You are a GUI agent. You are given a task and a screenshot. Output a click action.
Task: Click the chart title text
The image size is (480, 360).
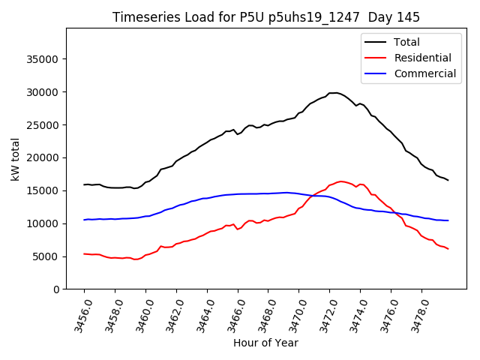pos(266,16)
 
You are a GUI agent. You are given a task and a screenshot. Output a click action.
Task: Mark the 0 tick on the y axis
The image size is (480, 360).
pos(56,289)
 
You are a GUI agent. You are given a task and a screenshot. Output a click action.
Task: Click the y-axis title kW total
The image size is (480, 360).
pos(15,159)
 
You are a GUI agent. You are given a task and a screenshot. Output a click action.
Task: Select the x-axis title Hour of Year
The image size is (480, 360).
pos(265,343)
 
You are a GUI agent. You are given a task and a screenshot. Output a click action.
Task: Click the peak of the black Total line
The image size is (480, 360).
pos(334,92)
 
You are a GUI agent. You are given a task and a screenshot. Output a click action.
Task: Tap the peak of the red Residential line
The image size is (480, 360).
pos(341,181)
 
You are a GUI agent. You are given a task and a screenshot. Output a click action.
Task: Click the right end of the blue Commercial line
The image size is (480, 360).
pos(448,220)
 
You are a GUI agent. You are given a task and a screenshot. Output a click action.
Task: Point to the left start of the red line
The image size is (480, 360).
pos(84,253)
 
